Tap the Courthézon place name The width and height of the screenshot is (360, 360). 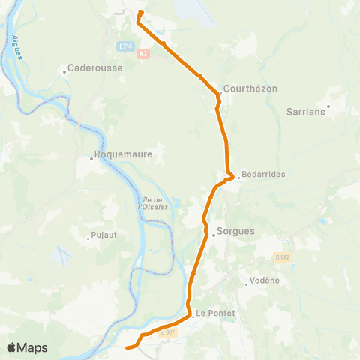250,88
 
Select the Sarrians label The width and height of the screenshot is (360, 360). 306,112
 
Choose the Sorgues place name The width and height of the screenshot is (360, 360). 236,232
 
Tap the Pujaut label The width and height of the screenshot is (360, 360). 105,235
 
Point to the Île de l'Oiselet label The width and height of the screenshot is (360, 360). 154,203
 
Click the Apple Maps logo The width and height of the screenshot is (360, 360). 27,347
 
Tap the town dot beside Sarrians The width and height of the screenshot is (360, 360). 328,106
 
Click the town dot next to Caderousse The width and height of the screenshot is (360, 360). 64,73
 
